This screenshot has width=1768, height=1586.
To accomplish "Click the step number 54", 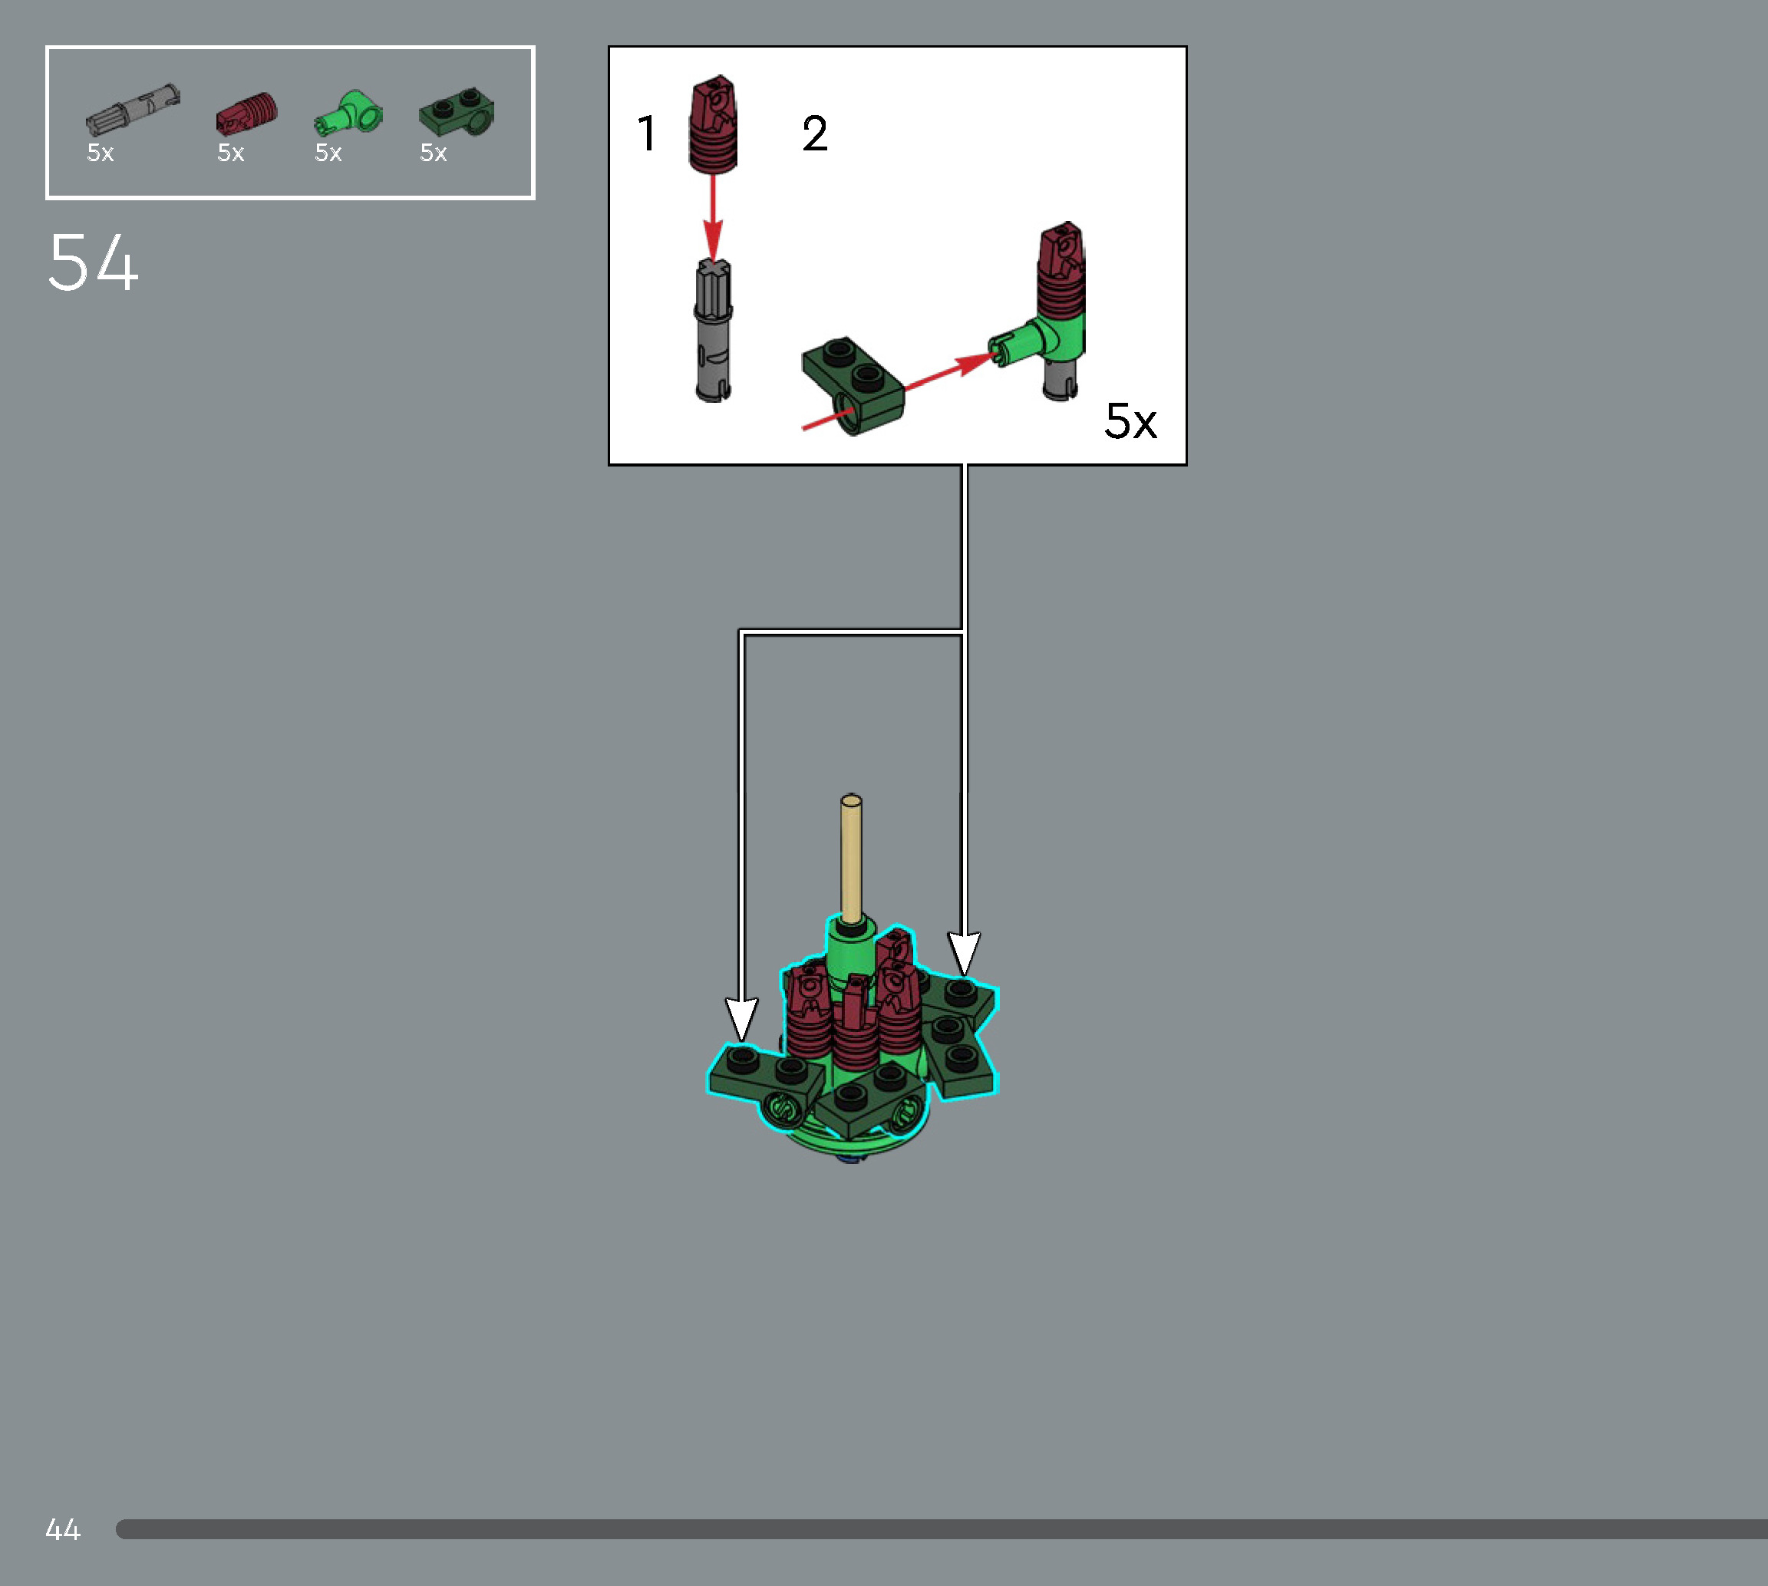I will click(94, 262).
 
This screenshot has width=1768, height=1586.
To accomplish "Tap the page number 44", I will click(63, 1529).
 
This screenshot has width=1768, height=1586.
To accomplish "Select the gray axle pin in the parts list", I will click(133, 110).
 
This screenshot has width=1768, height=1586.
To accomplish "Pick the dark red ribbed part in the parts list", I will click(246, 114).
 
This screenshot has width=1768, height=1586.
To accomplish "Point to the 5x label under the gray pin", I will click(101, 153).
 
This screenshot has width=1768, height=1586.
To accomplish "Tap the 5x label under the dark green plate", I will click(433, 153).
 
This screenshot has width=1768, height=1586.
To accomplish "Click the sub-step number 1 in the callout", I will click(645, 134).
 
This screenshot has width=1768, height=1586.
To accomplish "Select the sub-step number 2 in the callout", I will click(815, 134).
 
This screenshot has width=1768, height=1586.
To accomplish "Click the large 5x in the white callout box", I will click(1130, 422).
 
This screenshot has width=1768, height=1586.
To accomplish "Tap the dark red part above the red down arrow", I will click(714, 124).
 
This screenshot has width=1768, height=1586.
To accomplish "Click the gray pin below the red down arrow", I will click(714, 331).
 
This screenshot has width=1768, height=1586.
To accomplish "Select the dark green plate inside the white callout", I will click(853, 384).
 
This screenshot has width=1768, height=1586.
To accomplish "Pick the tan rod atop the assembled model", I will click(851, 859).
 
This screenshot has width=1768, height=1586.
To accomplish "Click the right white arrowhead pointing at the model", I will click(964, 953).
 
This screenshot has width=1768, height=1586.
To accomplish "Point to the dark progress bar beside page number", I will click(941, 1529).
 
